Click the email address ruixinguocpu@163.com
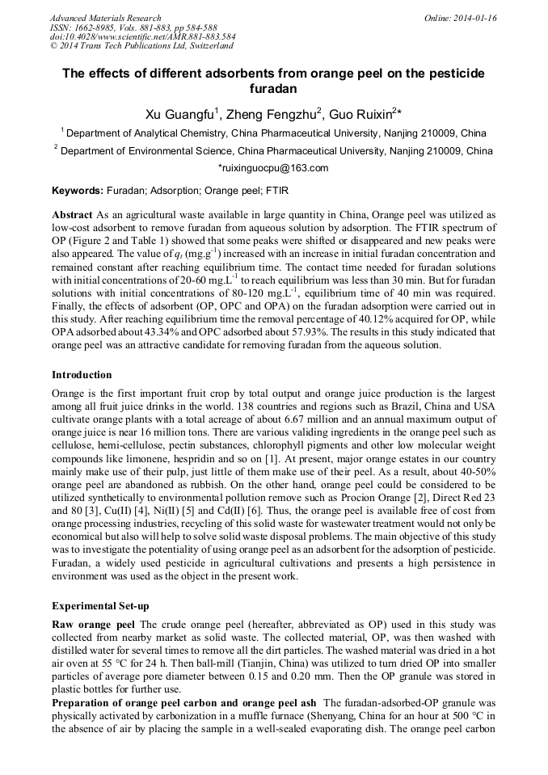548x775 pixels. (274, 168)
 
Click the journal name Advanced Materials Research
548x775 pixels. (105, 18)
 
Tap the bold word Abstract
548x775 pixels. (73, 216)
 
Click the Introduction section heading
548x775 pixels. (82, 375)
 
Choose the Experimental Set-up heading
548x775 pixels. (100, 605)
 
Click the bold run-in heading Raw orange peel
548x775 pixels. (93, 625)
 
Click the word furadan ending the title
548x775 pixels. (274, 87)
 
